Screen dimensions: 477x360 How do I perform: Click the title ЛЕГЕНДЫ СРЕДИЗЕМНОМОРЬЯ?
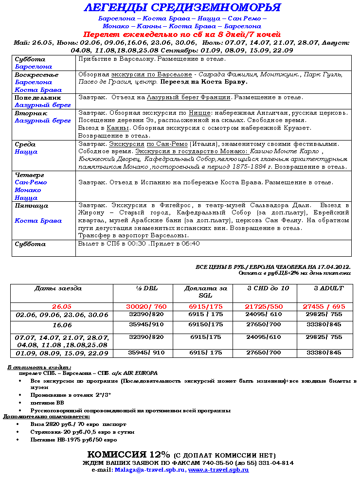tap(182, 8)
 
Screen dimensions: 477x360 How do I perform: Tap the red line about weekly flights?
tap(182, 35)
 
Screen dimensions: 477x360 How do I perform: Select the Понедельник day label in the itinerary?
tap(37, 98)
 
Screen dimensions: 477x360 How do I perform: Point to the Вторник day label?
tap(31, 113)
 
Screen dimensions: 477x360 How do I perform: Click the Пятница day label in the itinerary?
tap(32, 206)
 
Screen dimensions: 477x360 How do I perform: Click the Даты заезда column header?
tap(58, 288)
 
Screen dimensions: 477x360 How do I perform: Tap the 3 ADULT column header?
tap(329, 288)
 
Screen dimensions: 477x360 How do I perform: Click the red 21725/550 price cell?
tap(264, 307)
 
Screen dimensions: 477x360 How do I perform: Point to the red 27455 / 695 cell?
tap(324, 307)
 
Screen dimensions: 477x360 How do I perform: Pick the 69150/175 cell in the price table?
tap(206, 324)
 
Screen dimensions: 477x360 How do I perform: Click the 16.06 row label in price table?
tap(62, 324)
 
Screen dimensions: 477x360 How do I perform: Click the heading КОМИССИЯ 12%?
tap(128, 455)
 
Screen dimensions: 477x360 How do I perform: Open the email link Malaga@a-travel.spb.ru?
tap(149, 470)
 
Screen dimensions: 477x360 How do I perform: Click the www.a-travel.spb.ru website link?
tap(218, 470)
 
